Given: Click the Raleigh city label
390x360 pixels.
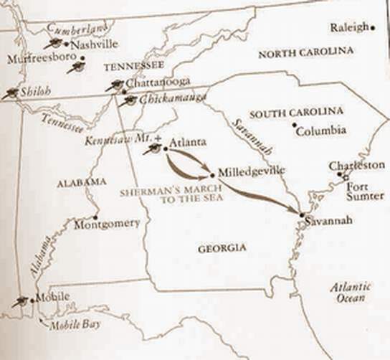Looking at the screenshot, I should (x=350, y=27).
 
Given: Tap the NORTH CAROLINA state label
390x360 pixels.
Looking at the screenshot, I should (x=305, y=52).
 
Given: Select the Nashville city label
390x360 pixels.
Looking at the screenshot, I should (x=94, y=43).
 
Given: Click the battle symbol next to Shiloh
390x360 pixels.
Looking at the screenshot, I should (x=10, y=93).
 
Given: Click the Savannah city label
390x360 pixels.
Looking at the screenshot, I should (x=328, y=221).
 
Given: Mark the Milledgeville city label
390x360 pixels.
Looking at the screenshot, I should (x=247, y=172).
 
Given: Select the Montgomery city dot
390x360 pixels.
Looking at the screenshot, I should (x=95, y=217).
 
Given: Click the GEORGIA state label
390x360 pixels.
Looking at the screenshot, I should (x=222, y=247).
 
